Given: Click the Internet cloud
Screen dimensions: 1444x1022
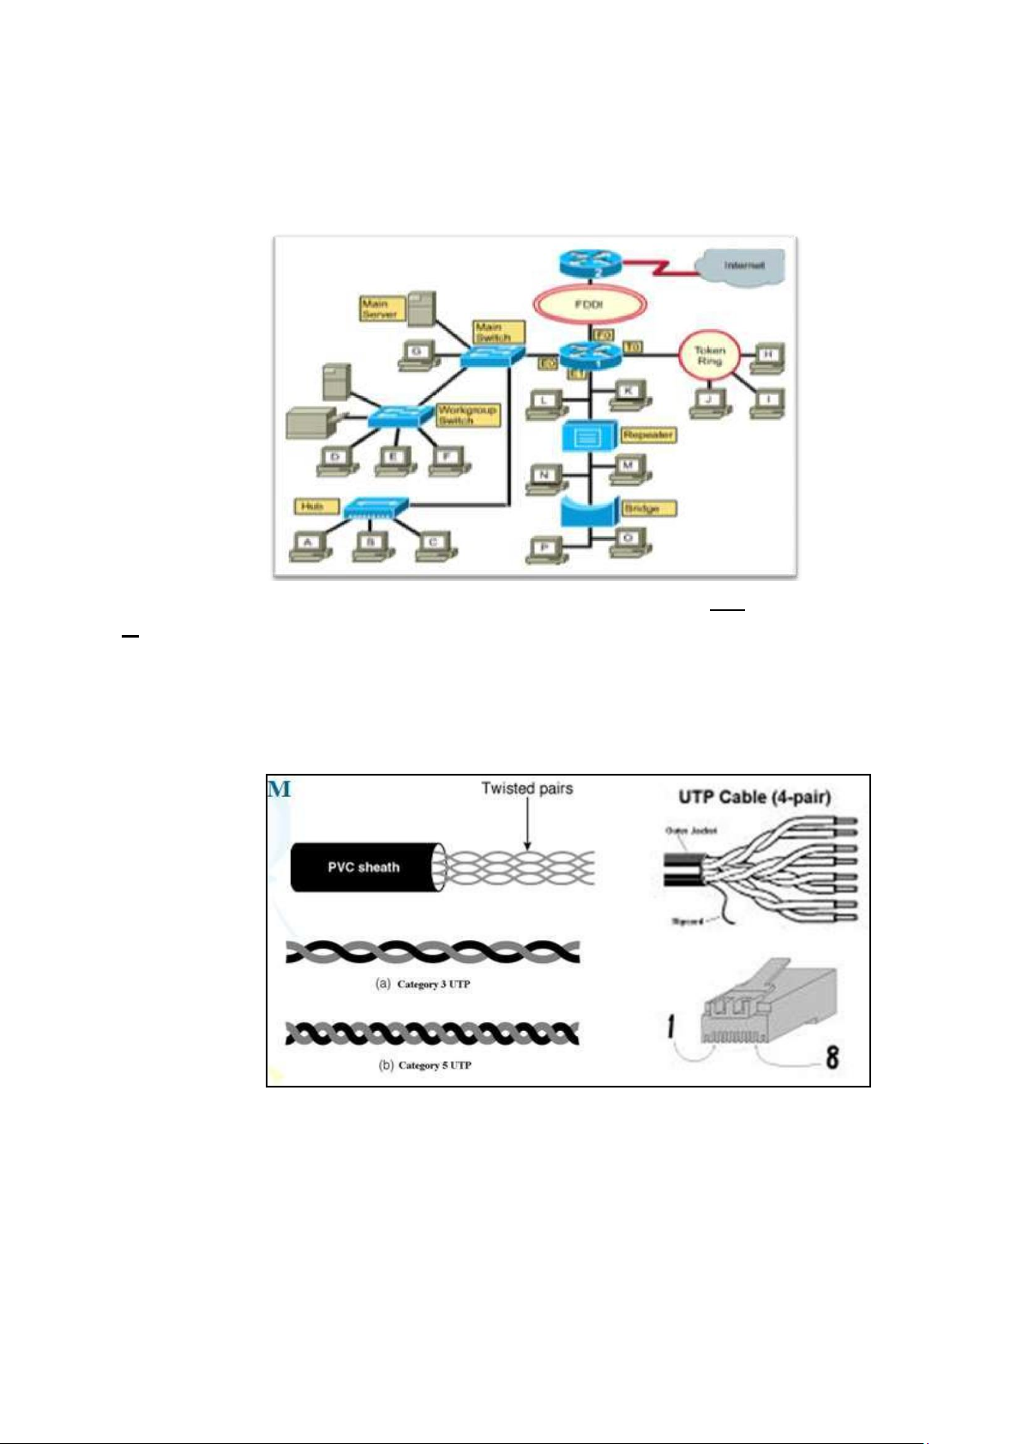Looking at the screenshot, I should point(742,266).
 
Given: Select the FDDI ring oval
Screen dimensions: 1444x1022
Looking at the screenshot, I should point(589,303).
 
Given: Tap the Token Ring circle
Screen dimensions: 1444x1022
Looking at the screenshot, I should point(708,357).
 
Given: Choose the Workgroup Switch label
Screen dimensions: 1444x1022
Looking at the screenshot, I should point(466,416).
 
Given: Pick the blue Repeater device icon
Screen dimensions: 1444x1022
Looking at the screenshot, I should point(588,436).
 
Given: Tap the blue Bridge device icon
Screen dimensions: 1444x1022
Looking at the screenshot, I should point(590,511).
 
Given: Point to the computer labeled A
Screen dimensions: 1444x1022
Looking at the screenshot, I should point(310,545).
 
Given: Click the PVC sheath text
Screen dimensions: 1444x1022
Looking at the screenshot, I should point(364,867).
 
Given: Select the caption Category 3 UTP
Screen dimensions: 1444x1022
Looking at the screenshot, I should point(433,984).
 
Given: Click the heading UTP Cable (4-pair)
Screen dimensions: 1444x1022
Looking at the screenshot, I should point(754,797).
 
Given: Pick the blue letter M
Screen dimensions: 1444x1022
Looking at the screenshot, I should point(280,788).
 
